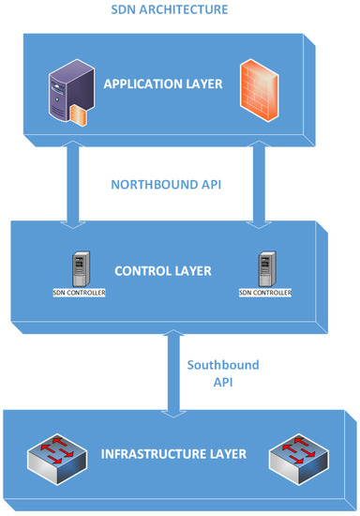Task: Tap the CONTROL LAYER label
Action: tap(163, 272)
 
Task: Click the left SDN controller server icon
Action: tap(79, 269)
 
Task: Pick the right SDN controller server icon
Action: tap(265, 269)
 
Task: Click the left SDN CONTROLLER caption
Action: tap(79, 293)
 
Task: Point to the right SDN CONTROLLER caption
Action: tap(265, 293)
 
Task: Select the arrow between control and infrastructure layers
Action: tap(170, 375)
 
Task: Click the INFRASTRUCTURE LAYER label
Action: tap(173, 455)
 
